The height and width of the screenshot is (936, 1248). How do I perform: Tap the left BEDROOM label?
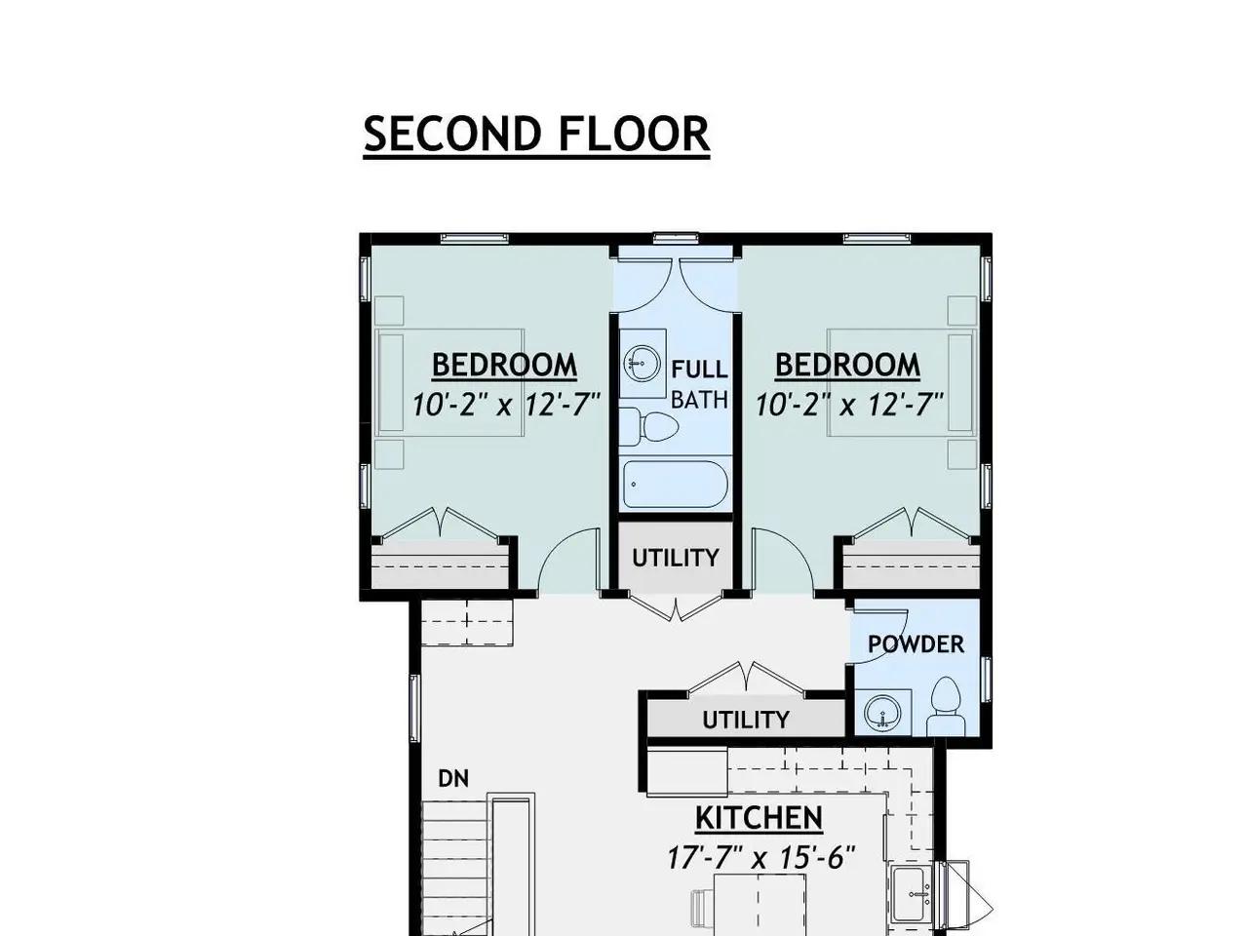pos(504,365)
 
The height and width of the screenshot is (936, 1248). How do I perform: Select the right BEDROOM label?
pos(847,365)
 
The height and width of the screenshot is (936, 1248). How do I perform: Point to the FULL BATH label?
pos(699,384)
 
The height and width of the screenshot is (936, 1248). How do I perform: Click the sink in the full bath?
pos(642,362)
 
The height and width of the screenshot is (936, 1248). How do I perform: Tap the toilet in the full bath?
pos(648,426)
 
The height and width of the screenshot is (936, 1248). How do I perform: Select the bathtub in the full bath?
pos(675,485)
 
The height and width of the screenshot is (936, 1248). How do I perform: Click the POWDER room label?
pos(916,644)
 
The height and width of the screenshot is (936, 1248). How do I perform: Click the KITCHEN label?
pos(759,818)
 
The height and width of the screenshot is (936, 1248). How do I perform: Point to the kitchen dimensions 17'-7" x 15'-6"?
pos(760,858)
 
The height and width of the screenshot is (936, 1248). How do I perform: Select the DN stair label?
pos(453,779)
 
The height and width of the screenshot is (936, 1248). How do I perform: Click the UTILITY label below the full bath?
pos(676,558)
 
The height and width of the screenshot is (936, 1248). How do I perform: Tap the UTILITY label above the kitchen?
pos(746,721)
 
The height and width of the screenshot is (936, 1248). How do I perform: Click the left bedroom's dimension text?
pos(506,405)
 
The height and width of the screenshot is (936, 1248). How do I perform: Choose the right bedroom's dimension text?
pos(849,405)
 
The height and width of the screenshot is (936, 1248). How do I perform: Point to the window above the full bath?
pos(676,238)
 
